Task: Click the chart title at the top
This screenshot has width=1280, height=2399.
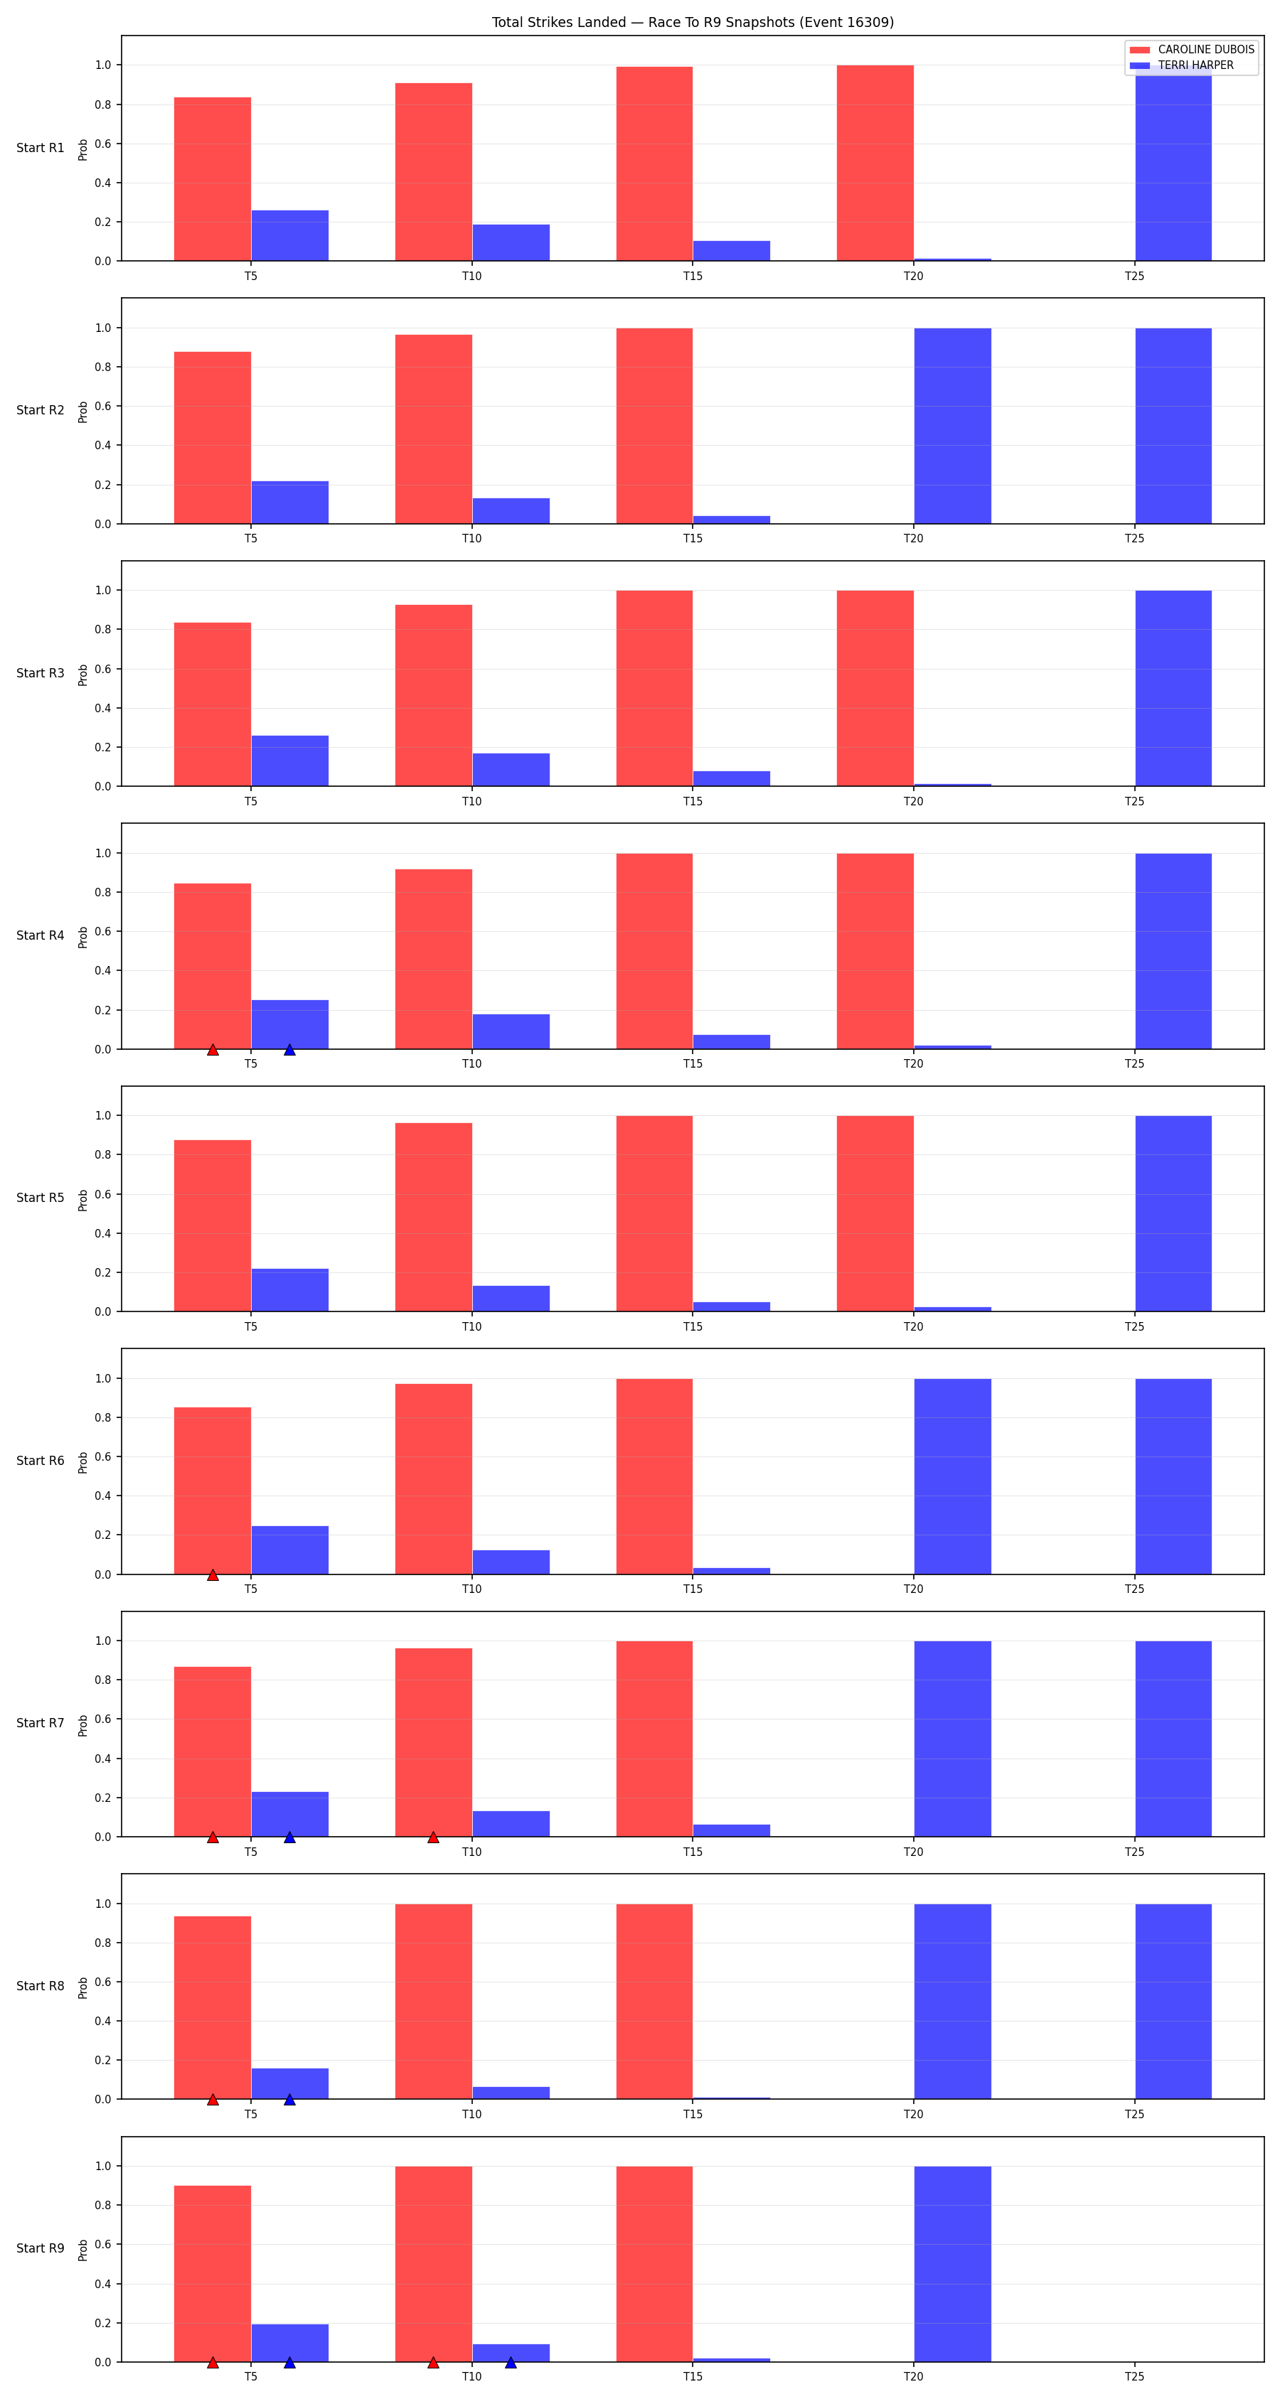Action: click(692, 22)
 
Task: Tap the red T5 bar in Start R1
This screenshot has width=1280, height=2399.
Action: click(213, 179)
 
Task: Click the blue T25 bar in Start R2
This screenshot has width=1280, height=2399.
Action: click(1173, 426)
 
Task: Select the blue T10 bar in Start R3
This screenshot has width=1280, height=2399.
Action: click(511, 769)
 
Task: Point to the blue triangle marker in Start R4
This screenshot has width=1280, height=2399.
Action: click(289, 1050)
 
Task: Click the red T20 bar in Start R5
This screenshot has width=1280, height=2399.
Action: click(875, 1213)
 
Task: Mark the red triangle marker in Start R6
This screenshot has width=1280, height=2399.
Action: click(213, 1574)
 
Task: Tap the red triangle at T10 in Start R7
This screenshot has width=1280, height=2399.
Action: click(433, 1837)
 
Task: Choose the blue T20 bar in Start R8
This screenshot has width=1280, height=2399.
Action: click(952, 2002)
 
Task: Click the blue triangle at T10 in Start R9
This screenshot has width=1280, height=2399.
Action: click(511, 2363)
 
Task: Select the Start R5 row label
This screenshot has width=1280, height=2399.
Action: click(40, 1198)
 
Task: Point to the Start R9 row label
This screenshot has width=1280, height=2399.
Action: click(40, 2248)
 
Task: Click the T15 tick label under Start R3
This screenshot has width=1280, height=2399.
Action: click(692, 801)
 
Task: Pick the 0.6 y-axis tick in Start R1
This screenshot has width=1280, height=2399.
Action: click(102, 144)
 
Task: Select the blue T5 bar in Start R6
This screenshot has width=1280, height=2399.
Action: click(289, 1550)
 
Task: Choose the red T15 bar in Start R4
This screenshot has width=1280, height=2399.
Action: click(654, 951)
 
